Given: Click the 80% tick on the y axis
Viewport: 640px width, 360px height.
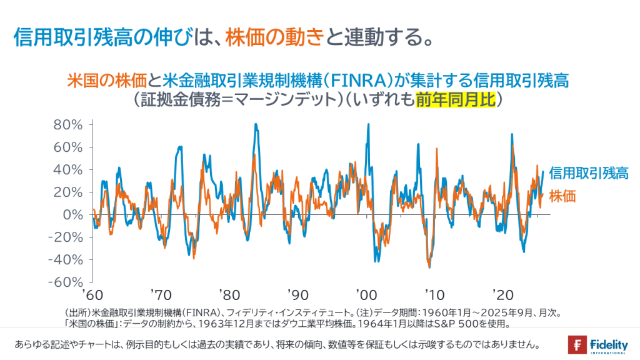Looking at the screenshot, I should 69,124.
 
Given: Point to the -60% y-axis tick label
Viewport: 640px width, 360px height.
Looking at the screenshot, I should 67,282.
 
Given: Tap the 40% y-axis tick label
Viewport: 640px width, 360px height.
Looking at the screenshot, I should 69,169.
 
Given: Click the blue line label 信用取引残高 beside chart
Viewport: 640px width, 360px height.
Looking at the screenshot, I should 589,174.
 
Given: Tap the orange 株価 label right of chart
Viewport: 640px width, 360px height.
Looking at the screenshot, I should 562,196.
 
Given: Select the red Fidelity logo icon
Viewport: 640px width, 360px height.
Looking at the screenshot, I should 577,344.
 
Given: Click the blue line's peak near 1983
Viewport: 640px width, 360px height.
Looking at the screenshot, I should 256,124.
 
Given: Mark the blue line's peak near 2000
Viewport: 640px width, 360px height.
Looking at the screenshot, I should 368,124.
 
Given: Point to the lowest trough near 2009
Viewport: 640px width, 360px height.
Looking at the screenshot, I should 429,267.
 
